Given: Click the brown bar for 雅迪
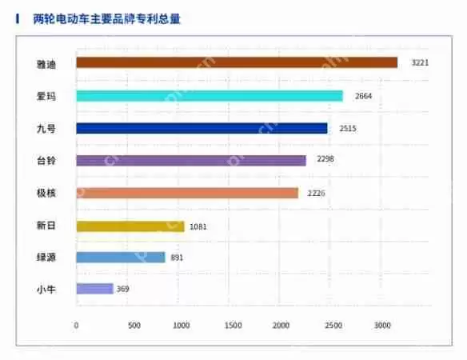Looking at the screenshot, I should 237,62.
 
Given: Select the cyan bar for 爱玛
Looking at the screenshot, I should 210,96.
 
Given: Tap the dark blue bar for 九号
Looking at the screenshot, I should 202,128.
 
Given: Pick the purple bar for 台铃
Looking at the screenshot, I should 191,160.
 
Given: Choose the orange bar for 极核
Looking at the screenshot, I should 187,193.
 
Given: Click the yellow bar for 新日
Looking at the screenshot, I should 130,226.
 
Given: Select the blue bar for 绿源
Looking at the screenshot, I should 121,258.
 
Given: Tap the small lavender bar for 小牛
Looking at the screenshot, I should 94,289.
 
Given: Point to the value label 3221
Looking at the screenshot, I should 420,62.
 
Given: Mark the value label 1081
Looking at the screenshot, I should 198,226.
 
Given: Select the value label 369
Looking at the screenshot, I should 122,289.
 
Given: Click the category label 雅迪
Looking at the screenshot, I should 46,62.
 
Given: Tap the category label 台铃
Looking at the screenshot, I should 46,160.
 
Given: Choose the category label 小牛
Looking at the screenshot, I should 46,289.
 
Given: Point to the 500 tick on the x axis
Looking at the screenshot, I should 134,326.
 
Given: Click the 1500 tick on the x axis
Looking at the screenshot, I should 233,326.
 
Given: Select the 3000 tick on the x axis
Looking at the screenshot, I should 382,326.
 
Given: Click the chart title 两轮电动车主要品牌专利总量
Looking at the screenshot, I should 107,18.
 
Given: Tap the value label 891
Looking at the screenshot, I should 178,258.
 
